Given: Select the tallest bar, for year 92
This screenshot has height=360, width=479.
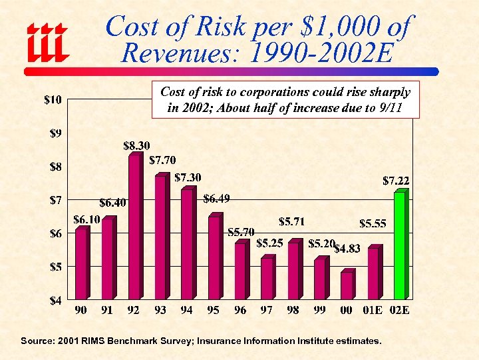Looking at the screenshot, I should tap(134, 227).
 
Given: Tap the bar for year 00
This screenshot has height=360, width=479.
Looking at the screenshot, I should tap(347, 285).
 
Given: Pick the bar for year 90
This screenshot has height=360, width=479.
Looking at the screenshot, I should tap(81, 263).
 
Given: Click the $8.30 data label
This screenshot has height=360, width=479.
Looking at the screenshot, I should tap(136, 145).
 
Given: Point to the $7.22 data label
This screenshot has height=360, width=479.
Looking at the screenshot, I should tap(396, 180).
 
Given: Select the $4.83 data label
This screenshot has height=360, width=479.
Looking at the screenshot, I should tap(347, 249).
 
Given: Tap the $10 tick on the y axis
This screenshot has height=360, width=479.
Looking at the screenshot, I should tap(54, 101).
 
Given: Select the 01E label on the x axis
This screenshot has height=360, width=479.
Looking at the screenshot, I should tap(373, 311).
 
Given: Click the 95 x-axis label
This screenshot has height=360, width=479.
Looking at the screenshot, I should tap(214, 311).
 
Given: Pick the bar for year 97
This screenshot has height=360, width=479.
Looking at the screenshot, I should tap(267, 278).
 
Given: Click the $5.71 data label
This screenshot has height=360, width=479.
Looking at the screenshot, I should tap(291, 221).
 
